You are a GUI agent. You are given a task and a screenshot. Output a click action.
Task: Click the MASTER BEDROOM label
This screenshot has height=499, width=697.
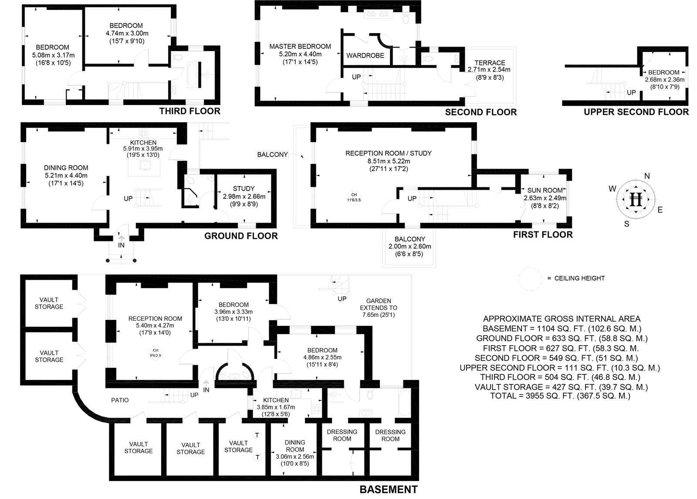click(300, 46)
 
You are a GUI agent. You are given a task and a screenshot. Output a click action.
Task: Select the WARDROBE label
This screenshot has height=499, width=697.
click(365, 56)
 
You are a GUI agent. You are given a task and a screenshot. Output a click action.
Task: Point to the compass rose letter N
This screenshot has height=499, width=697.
click(647, 176)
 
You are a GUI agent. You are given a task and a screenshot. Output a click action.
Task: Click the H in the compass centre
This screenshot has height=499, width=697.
click(637, 199)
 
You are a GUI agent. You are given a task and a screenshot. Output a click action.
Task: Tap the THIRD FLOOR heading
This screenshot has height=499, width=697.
click(189, 111)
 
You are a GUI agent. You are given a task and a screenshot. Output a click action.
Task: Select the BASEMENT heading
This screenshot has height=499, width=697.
click(388, 489)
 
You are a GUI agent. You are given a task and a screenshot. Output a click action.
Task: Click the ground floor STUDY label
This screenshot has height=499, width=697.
click(244, 189)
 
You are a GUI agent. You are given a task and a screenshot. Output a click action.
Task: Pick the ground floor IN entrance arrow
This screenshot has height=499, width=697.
click(121, 238)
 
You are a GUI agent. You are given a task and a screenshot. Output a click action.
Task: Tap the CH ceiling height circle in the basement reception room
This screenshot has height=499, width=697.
click(155, 352)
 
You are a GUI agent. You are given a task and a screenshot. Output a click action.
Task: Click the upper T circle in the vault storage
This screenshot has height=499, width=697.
click(257, 435)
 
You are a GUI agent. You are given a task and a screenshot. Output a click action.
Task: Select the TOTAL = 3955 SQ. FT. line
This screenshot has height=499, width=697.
click(560, 396)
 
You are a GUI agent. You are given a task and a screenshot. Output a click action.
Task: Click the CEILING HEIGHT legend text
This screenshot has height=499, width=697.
click(576, 278)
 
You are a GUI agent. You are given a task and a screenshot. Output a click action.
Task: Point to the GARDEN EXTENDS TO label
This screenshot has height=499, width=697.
click(379, 304)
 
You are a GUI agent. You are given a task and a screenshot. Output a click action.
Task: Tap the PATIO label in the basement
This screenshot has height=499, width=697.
click(120, 400)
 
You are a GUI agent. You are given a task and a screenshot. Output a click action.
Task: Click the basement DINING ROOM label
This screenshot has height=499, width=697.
click(295, 446)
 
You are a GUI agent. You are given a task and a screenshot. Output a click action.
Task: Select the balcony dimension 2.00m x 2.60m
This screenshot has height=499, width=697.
click(409, 247)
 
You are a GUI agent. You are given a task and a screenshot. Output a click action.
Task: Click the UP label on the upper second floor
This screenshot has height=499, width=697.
click(631, 92)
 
